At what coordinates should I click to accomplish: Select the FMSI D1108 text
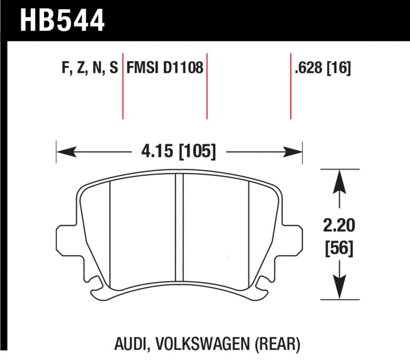point(165,68)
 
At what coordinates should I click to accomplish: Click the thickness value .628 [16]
point(322,68)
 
